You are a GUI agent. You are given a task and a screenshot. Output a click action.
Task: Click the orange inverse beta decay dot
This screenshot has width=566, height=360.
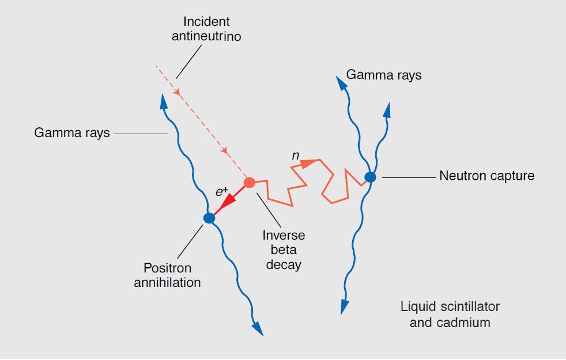(x=250, y=183)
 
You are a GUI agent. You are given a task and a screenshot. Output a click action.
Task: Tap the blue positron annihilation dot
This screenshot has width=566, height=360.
(x=209, y=218)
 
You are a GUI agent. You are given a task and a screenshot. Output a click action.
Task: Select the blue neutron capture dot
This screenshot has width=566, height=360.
(x=370, y=177)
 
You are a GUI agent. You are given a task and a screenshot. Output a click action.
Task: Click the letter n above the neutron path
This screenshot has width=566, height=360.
(x=295, y=156)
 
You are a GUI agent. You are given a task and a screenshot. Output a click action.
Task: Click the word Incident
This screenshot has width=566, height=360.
(x=206, y=22)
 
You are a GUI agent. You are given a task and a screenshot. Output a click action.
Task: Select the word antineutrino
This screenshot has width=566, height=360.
(x=206, y=37)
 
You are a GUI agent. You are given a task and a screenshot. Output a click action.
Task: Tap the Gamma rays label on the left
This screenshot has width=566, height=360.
(x=71, y=134)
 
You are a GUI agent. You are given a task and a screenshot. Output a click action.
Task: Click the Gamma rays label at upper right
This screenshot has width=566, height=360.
(x=383, y=75)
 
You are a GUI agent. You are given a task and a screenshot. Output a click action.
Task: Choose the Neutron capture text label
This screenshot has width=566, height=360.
(x=486, y=176)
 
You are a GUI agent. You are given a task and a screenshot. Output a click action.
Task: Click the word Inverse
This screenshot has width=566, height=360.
(x=284, y=236)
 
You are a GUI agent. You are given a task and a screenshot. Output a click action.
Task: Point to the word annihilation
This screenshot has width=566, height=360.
(x=167, y=283)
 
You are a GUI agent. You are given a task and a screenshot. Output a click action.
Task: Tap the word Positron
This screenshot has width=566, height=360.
(x=167, y=268)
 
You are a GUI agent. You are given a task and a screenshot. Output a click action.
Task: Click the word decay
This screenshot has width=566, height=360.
(x=284, y=265)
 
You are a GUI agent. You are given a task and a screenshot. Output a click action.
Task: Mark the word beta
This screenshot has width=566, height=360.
(x=284, y=250)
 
